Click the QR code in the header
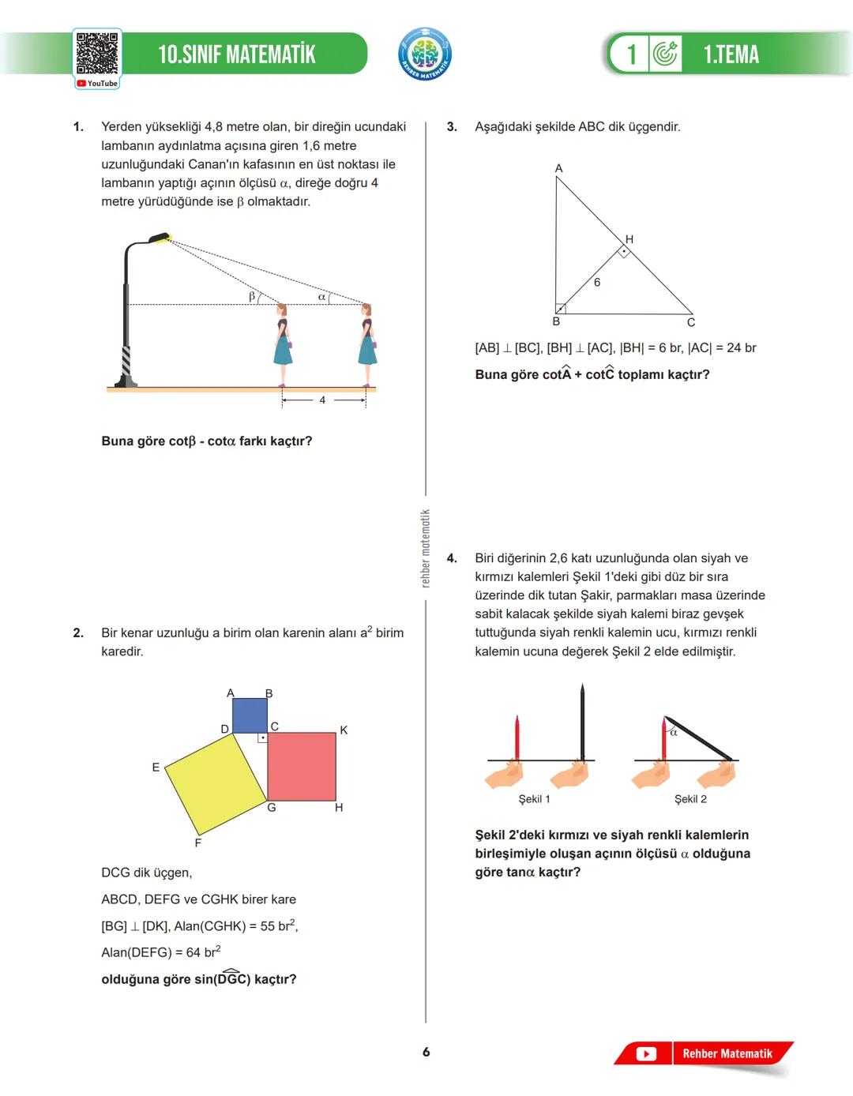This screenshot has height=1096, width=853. (x=97, y=54)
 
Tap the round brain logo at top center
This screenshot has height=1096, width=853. (x=425, y=54)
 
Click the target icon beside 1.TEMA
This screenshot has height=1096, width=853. (x=665, y=54)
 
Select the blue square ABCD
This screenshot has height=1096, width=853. (x=250, y=715)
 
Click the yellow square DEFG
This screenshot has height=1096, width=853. (x=215, y=783)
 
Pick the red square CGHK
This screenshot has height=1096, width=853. (x=302, y=766)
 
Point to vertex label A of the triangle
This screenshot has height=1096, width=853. (x=558, y=168)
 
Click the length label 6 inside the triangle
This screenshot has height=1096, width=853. (x=597, y=282)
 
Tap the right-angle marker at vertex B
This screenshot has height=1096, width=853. (x=561, y=309)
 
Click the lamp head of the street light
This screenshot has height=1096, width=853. (x=160, y=237)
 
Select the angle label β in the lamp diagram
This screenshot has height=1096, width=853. (x=252, y=296)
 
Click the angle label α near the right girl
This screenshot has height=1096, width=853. (x=321, y=297)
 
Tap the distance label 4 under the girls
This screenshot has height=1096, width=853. (x=322, y=400)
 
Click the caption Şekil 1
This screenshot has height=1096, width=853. (x=534, y=799)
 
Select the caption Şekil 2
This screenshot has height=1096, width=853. (x=690, y=799)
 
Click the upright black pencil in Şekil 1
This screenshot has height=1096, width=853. (x=582, y=723)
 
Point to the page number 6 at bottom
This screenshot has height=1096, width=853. (x=426, y=1052)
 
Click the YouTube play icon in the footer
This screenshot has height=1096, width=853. (x=646, y=1053)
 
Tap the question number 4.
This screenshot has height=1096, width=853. (x=452, y=558)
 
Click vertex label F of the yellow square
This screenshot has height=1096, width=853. (x=197, y=843)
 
